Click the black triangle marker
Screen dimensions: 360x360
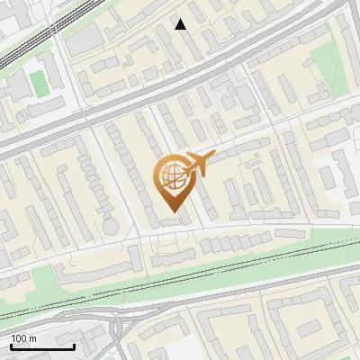tap(181, 24)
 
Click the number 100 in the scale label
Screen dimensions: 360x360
tap(18, 337)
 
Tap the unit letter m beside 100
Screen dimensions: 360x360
tap(31, 337)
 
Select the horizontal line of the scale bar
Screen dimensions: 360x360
tap(42, 347)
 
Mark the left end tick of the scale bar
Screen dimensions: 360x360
tap(11, 346)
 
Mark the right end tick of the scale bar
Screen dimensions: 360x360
tap(75, 346)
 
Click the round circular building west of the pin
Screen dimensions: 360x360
tap(110, 224)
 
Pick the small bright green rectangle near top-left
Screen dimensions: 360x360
tap(37, 83)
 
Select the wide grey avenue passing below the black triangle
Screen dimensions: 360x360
tap(180, 78)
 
